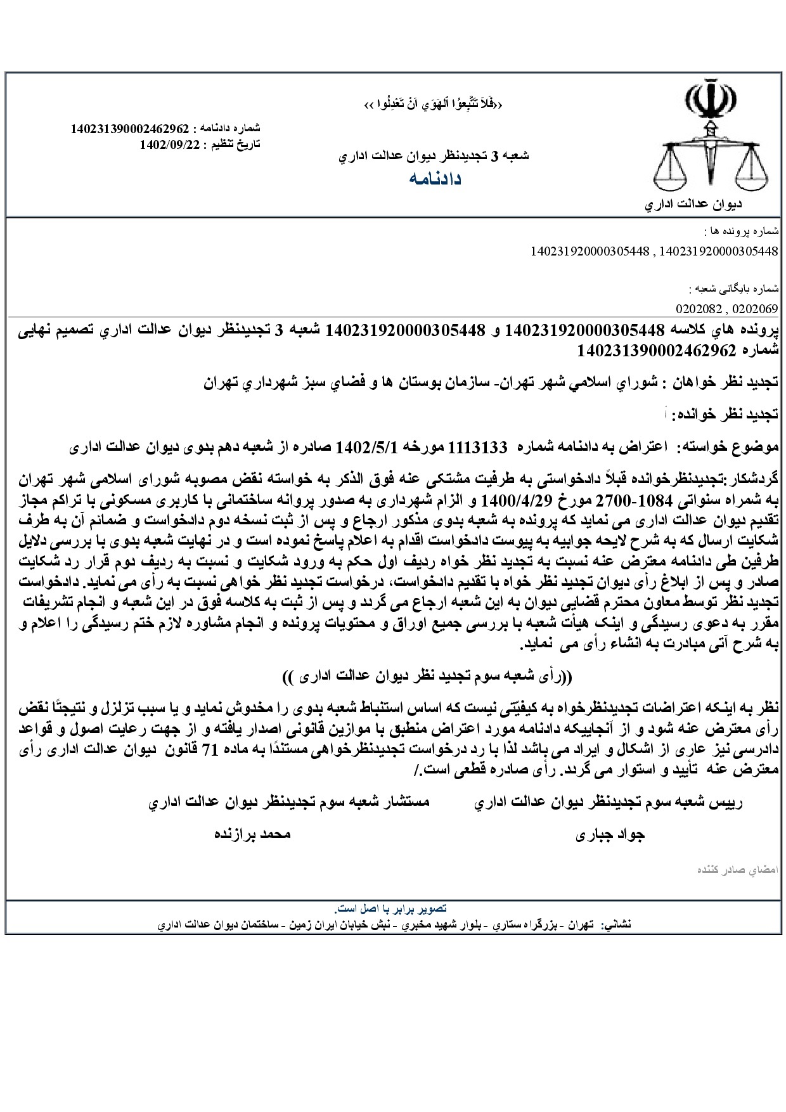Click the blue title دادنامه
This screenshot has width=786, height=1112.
(x=435, y=179)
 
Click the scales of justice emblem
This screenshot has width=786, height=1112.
(x=711, y=143)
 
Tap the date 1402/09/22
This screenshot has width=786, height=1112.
(x=170, y=145)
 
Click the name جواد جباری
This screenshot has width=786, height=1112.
(x=610, y=835)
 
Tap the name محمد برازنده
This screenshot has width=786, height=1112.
(x=252, y=834)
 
